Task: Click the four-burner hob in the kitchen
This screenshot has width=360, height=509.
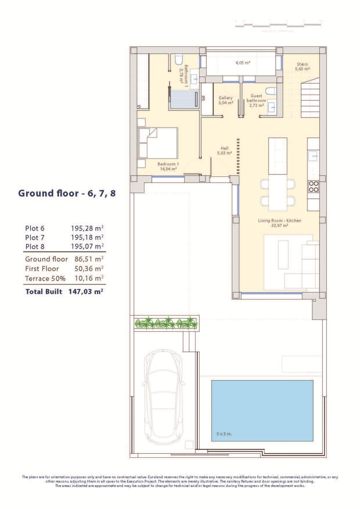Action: [x=313, y=186]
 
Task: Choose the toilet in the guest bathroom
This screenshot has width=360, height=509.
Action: [x=270, y=91]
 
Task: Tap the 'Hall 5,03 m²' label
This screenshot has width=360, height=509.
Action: [x=224, y=150]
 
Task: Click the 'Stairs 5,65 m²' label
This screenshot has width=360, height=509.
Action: [x=302, y=66]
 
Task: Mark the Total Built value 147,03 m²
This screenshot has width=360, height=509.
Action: [x=86, y=291]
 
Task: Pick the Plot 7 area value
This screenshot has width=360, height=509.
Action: [x=87, y=237]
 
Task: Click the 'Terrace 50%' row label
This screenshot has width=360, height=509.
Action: [x=45, y=279]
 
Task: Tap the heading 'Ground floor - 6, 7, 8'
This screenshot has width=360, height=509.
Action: [x=67, y=193]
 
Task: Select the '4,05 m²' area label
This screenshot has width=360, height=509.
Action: [x=243, y=62]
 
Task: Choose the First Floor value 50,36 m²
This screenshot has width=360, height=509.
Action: [x=89, y=269]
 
